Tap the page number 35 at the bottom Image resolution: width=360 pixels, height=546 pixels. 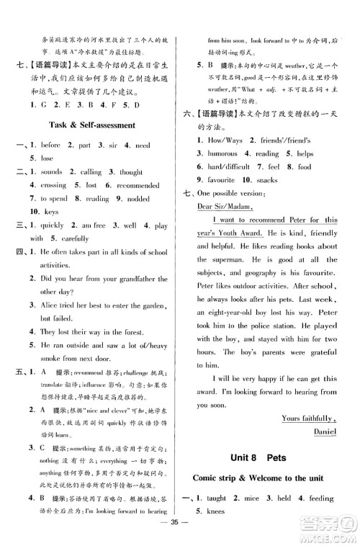coord(180,537)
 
